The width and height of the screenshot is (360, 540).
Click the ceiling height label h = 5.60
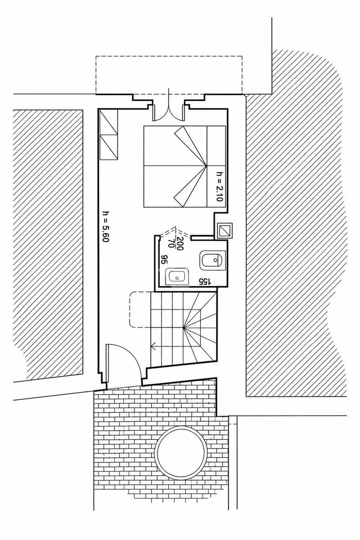point(106,227)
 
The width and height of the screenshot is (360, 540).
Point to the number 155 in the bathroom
point(205,281)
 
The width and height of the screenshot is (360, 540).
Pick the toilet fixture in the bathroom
point(212,260)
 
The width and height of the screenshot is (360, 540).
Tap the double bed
point(184,166)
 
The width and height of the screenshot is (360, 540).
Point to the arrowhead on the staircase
point(153,347)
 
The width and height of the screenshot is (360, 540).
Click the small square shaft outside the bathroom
point(225,231)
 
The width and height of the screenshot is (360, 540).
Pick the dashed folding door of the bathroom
point(175,231)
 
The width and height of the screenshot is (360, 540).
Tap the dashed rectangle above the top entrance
point(169,75)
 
